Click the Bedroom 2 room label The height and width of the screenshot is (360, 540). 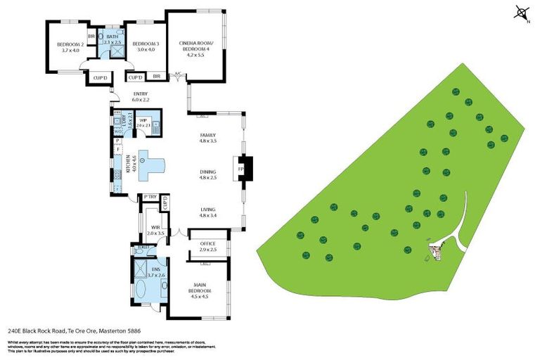coord(72,47)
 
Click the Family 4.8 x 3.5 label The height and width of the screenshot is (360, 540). coord(207,138)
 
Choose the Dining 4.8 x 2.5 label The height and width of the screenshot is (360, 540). coord(207,173)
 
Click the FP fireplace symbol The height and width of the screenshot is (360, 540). coord(238,169)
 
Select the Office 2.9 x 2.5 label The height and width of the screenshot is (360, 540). coord(208,246)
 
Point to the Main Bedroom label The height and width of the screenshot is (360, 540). coord(200,291)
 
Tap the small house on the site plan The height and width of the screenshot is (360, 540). coord(437,250)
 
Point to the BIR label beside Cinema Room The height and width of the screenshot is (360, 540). coord(156,77)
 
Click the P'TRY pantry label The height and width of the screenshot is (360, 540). coord(150,198)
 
